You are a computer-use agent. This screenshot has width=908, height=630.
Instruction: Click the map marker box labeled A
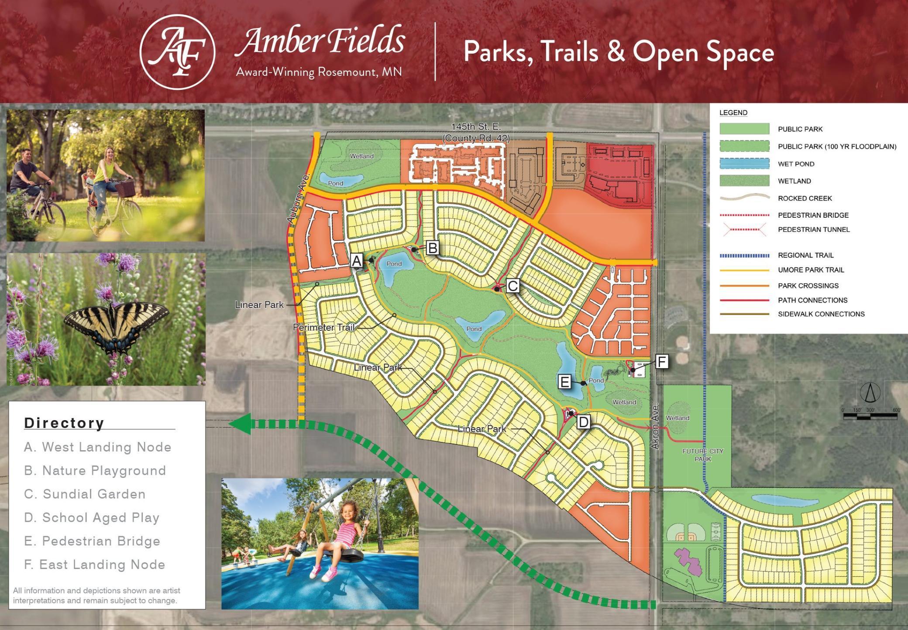coord(357,261)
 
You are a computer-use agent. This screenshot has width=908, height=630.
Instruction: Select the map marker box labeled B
coord(433,248)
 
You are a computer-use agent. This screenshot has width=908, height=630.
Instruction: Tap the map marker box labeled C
coord(512,286)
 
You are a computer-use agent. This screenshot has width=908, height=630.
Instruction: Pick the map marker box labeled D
coord(583,422)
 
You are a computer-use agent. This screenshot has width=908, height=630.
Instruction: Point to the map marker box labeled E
coord(565,382)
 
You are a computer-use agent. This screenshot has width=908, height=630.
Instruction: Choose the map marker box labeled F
coord(662,362)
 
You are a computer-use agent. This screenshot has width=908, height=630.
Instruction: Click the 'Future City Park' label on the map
coord(703,455)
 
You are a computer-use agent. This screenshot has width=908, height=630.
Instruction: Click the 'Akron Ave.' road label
coord(654,427)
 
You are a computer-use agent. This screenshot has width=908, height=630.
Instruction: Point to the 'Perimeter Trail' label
coord(323,327)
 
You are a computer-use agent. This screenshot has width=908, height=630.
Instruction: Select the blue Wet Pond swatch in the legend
coord(744,164)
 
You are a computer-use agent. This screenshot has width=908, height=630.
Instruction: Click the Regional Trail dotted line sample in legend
coord(744,255)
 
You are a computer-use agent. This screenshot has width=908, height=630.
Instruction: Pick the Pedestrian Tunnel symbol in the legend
coord(744,229)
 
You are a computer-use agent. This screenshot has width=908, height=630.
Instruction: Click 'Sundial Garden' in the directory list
coord(85,494)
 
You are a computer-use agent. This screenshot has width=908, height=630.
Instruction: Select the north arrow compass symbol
coord(870,392)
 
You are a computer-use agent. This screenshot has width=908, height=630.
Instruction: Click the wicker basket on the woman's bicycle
coord(125,189)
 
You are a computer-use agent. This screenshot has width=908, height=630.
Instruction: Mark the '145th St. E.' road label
coord(476,127)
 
